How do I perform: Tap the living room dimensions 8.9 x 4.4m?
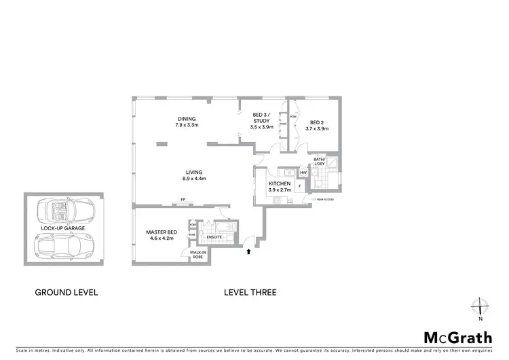pos(194,179)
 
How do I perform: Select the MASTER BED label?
pos(162,232)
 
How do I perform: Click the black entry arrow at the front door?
pos(249,251)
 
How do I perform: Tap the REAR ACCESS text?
pos(324,200)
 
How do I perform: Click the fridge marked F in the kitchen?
pos(299,185)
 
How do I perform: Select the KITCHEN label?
pos(280,184)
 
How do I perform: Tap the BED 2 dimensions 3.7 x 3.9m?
pos(316,128)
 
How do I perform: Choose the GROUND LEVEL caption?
pos(67,293)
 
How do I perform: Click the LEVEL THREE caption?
pos(250,293)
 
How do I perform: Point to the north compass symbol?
pos(479,307)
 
